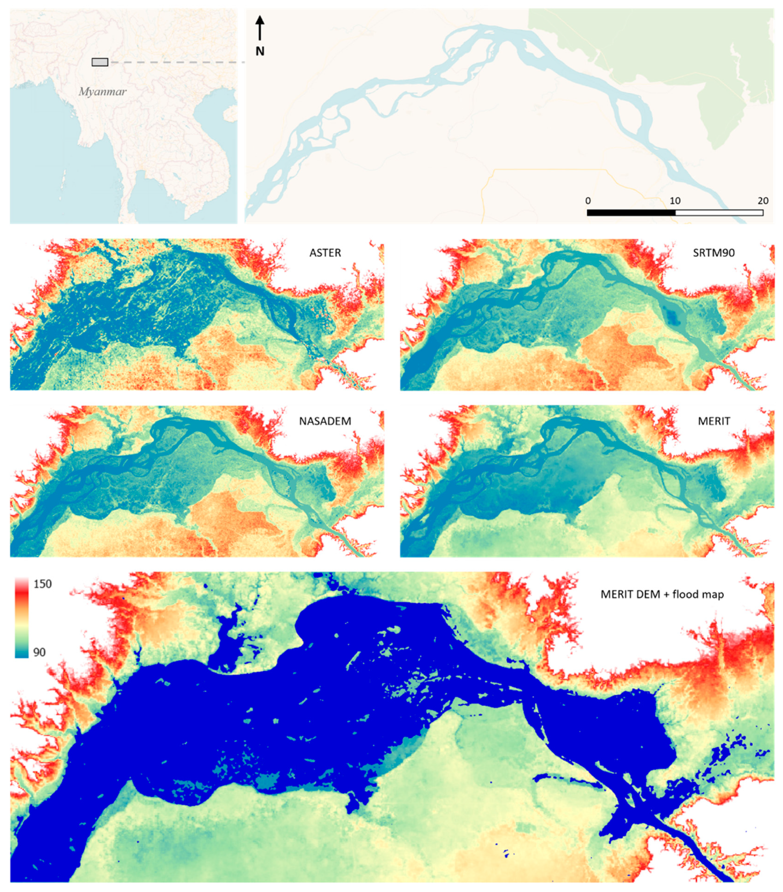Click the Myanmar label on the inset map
103,92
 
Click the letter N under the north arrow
260,52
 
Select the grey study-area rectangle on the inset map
100,62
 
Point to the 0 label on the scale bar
588,201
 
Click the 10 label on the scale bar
675,201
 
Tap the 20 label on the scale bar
763,201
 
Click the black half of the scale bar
631,213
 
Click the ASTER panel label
325,253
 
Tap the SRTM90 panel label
713,253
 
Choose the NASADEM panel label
325,421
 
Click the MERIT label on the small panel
713,421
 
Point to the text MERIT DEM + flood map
662,594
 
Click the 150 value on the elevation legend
42,584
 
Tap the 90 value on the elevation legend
39,652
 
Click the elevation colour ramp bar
22,618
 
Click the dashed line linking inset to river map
174,62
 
